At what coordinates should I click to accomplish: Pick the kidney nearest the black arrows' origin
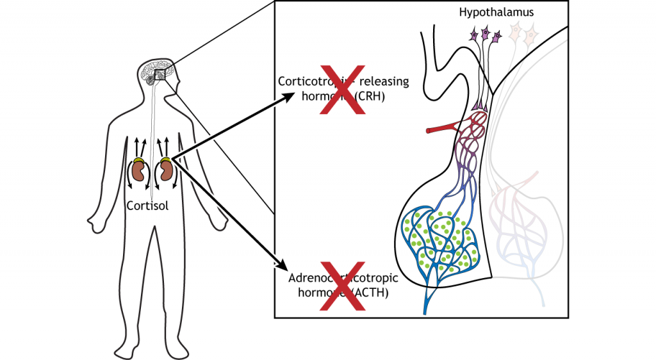(166, 171)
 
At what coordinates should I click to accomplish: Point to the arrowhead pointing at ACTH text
(281, 263)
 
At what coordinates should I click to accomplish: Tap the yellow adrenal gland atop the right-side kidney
(165, 160)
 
